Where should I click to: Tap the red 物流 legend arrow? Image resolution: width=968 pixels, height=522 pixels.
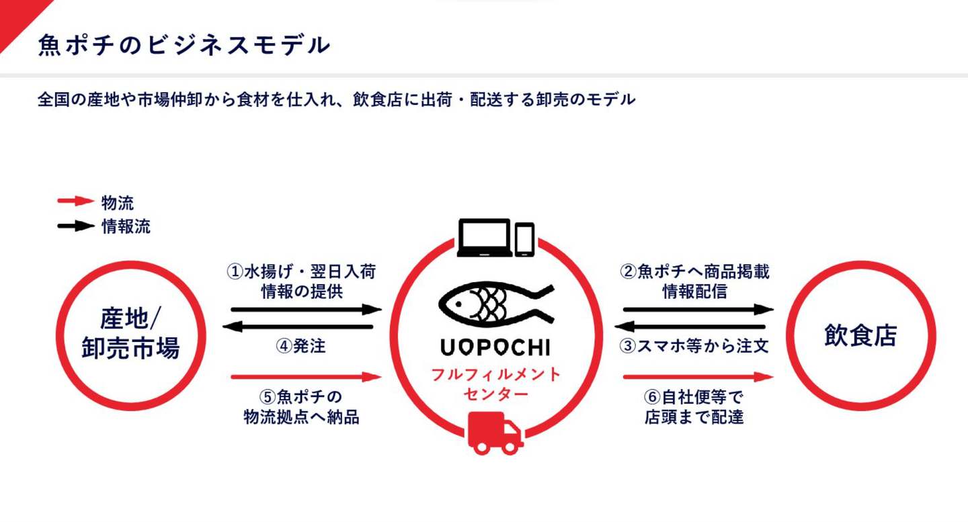click(75, 201)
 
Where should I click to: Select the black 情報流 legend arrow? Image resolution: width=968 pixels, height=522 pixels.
click(75, 226)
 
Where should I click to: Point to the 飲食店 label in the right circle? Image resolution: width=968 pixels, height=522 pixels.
click(860, 335)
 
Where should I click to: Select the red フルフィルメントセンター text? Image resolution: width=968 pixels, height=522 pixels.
click(496, 384)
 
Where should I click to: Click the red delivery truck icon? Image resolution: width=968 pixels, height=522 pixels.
click(495, 433)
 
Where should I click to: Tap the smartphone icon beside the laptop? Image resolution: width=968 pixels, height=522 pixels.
click(524, 239)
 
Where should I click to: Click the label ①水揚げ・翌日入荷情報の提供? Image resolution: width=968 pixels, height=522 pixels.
click(300, 281)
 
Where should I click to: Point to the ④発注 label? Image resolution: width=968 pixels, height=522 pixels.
click(300, 346)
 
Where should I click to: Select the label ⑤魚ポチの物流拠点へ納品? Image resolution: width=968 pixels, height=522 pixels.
click(300, 406)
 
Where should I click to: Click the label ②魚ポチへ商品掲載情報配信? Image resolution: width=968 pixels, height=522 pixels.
click(694, 281)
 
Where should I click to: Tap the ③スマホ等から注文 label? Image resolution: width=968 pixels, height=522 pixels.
click(694, 346)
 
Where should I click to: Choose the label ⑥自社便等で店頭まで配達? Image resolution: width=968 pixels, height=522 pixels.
click(694, 406)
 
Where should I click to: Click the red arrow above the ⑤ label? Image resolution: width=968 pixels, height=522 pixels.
click(305, 377)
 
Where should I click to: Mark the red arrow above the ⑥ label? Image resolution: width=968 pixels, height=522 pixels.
click(698, 377)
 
